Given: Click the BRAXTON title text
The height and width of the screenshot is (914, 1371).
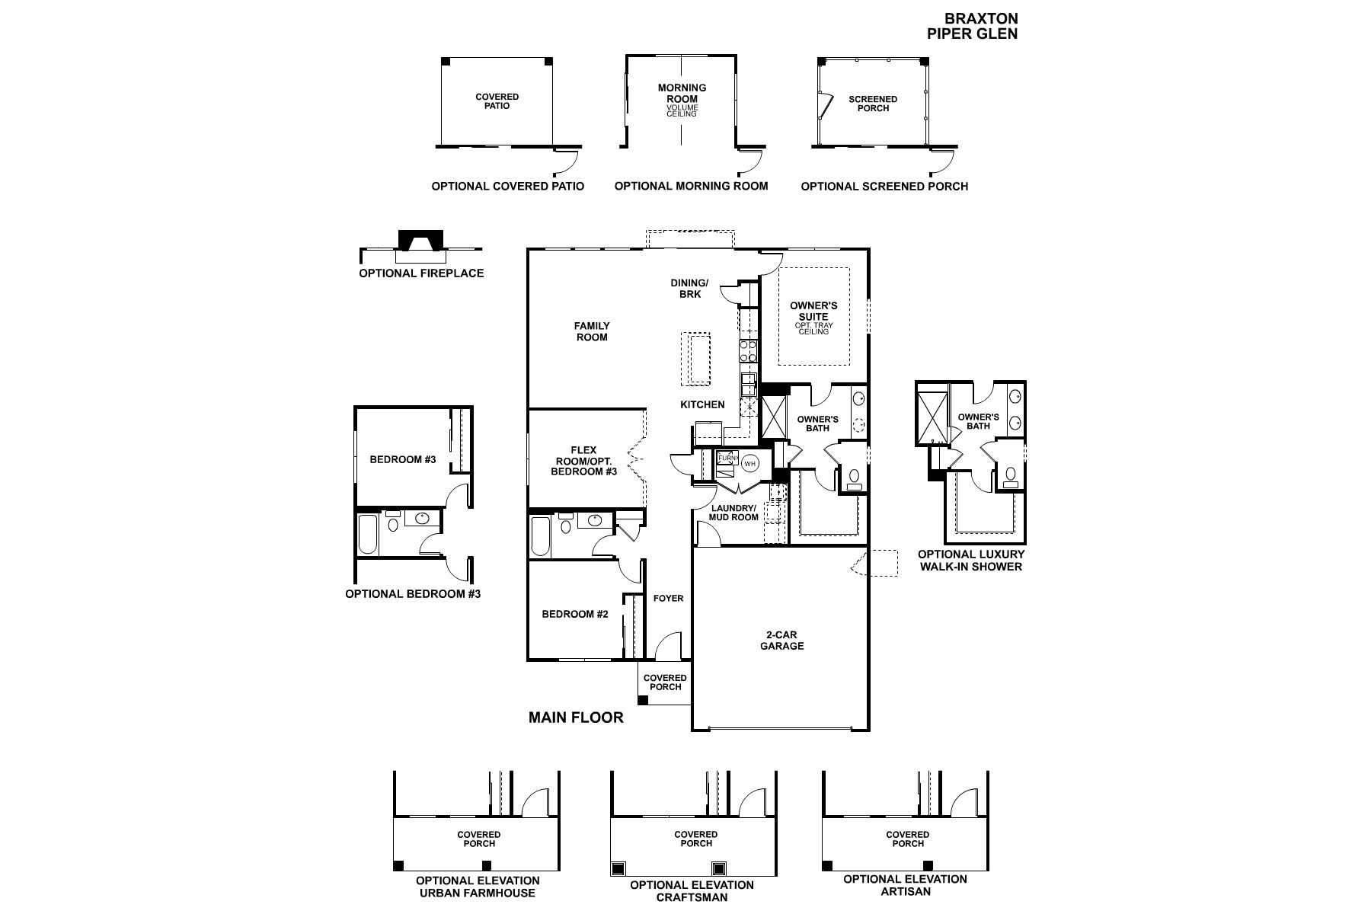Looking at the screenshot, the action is [x=981, y=18].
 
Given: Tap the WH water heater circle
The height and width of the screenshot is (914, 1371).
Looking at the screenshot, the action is [x=750, y=463].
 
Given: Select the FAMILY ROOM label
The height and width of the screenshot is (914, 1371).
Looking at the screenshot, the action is [x=592, y=331].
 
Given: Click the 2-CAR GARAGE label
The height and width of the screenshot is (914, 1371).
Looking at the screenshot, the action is [x=782, y=641].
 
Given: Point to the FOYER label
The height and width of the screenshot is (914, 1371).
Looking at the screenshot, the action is [x=668, y=599].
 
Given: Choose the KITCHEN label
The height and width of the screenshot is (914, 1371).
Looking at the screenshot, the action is [x=702, y=404].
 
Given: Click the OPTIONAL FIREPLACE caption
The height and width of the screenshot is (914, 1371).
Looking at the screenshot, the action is [x=421, y=273].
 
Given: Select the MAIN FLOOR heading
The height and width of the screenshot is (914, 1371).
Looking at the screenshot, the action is [x=576, y=717].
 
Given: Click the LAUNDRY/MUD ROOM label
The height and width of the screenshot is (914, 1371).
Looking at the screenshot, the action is [x=734, y=513].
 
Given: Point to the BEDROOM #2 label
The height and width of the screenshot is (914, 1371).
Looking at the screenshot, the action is [x=575, y=615].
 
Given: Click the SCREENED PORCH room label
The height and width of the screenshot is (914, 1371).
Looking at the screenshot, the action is [x=873, y=104].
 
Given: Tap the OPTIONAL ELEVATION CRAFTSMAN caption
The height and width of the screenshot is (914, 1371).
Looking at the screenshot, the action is [x=692, y=891].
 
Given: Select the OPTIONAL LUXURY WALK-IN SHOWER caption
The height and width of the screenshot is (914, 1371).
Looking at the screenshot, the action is [x=971, y=561].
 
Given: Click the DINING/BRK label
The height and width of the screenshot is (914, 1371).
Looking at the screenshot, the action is [x=689, y=289].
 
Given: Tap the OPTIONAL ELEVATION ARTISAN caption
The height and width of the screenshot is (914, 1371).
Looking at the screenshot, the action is [x=905, y=885].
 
